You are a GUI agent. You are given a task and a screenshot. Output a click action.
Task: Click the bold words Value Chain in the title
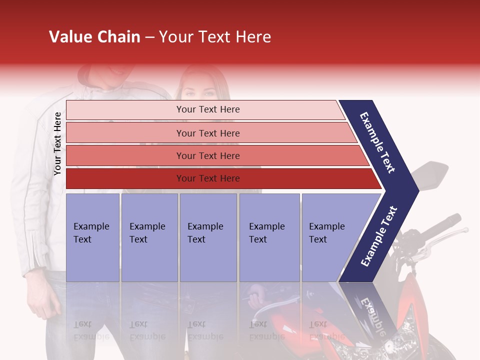94,37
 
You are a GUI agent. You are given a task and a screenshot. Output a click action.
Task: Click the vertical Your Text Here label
57,143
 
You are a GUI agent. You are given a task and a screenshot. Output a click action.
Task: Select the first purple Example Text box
92,237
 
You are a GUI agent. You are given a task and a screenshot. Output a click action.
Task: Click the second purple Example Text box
149,237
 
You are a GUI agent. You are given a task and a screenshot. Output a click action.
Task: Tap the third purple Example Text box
208,237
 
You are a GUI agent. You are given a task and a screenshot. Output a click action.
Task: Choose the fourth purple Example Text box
269,237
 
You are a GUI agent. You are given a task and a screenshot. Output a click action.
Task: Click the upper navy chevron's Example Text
378,142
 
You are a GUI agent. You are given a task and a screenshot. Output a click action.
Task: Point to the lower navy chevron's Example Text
379,236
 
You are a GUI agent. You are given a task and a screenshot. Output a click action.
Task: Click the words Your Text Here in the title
214,37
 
